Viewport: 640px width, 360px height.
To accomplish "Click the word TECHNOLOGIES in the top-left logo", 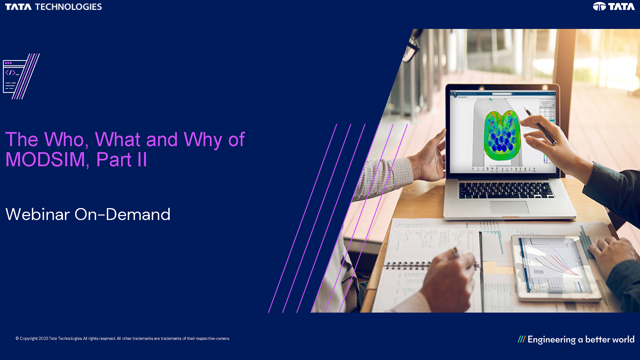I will (x=68, y=7).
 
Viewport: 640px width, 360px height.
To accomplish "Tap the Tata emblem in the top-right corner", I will (x=599, y=6).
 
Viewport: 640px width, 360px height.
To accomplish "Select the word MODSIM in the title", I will (x=45, y=160).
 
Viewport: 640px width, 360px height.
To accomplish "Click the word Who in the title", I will (x=64, y=139).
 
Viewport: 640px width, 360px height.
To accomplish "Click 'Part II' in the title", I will (x=122, y=160).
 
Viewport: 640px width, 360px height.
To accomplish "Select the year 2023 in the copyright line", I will (x=43, y=338).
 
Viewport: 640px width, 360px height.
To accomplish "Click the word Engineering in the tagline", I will (x=551, y=340).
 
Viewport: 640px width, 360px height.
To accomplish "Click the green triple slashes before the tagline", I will (x=521, y=339).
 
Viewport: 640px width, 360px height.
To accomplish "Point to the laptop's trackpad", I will (x=509, y=207).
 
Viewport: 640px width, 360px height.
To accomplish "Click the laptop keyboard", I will (x=505, y=190).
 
